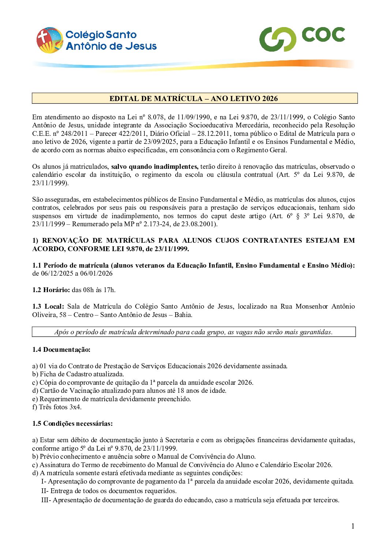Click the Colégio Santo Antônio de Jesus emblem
(x=49, y=40)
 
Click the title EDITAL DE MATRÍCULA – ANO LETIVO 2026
(x=193, y=98)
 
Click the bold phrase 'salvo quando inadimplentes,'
(x=155, y=167)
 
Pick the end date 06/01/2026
(x=97, y=273)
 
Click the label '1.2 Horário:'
(x=51, y=290)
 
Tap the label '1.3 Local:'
(x=48, y=306)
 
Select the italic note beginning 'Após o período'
(x=193, y=332)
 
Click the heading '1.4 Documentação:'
(x=61, y=350)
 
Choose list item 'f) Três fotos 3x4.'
(x=57, y=407)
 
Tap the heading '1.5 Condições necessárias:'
(x=72, y=424)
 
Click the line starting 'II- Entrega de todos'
(x=109, y=491)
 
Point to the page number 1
(x=353, y=526)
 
